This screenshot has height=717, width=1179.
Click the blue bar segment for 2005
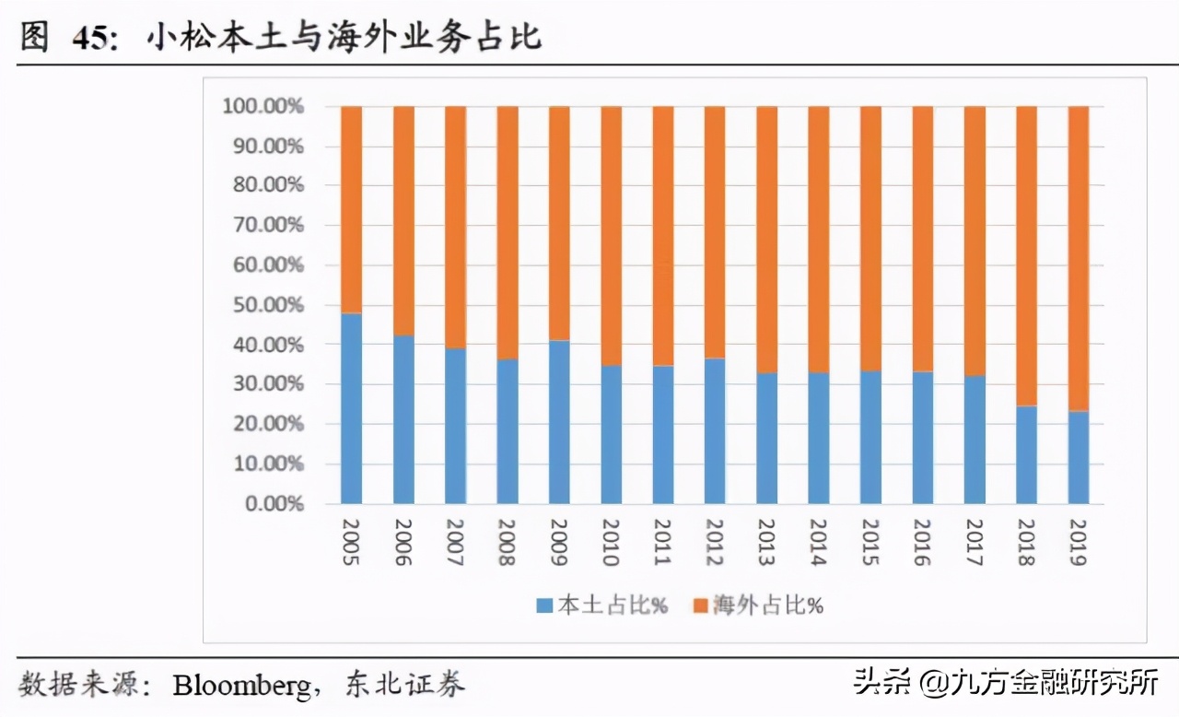point(351,408)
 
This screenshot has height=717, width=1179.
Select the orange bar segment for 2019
point(1078,258)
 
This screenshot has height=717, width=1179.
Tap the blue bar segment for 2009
point(559,422)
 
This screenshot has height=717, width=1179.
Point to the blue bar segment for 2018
point(1026,454)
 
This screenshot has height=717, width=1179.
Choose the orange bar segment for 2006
point(403,220)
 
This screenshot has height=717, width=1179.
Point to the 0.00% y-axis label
point(267,504)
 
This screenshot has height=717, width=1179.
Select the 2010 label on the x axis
point(611,543)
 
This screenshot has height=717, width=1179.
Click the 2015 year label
point(870,543)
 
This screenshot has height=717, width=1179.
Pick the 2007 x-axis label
point(455,543)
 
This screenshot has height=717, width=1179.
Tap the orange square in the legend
point(699,605)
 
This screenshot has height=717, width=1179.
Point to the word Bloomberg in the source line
point(242,685)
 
